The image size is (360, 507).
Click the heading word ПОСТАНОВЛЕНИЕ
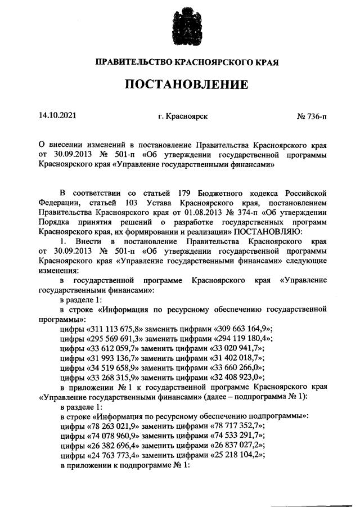pyautogui.click(x=186, y=85)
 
